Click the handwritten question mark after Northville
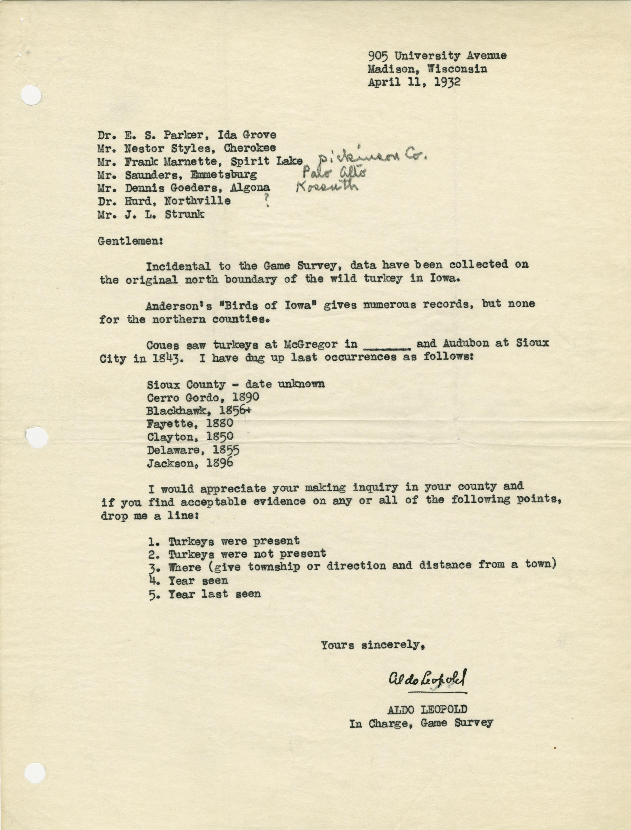(x=267, y=203)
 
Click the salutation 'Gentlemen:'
(x=130, y=241)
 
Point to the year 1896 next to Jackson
(x=220, y=463)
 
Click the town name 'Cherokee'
(x=250, y=148)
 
